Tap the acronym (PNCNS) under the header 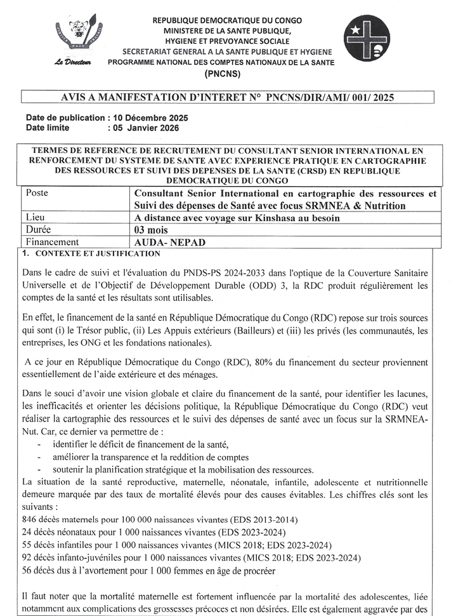pyautogui.click(x=226, y=74)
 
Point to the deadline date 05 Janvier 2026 pyautogui.click(x=146, y=128)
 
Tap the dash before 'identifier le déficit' pyautogui.click(x=40, y=445)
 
